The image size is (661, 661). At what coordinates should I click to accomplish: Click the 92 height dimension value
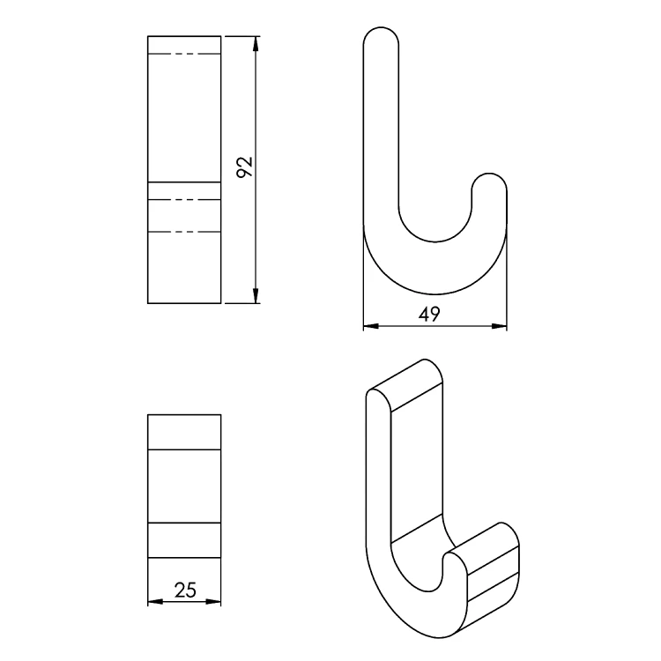coord(244,167)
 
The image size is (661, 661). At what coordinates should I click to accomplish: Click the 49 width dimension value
coord(429,314)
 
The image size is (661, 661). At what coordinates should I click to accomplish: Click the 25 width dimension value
coord(185,590)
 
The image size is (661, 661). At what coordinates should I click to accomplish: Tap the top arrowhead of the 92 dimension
coord(255,44)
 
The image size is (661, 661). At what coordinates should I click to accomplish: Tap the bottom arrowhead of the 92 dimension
coord(255,295)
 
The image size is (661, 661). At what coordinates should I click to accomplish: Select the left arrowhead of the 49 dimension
coord(371,326)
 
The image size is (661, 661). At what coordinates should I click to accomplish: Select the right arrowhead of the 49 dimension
coord(499,326)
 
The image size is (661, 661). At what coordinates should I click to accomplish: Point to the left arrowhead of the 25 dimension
coord(155,602)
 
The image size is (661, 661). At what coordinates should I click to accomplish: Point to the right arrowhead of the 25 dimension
coord(213,602)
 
